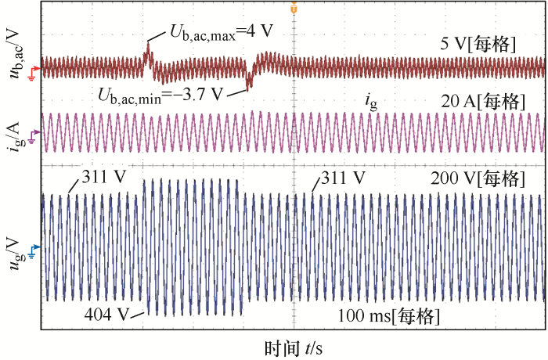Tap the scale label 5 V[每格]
coord(478,45)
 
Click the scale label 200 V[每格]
coord(474,179)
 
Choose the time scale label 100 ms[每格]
coord(389,317)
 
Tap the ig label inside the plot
coord(371,99)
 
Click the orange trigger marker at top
coord(293,9)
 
